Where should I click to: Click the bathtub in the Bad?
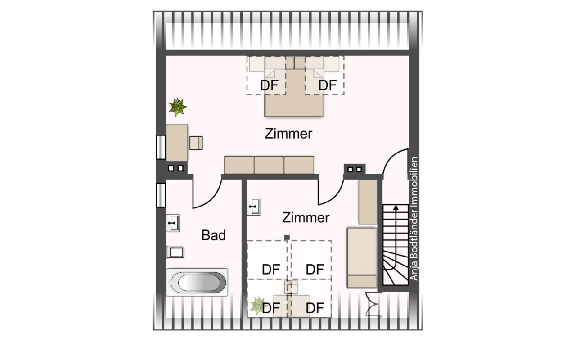click(197, 282)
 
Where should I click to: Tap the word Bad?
click(213, 235)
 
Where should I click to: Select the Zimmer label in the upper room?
click(288, 134)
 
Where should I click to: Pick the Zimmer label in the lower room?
click(306, 217)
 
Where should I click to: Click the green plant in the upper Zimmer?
click(178, 107)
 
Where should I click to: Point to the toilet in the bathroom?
click(175, 252)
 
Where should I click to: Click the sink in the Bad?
click(172, 223)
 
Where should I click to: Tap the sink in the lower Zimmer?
click(253, 207)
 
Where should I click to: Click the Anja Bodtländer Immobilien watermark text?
click(414, 219)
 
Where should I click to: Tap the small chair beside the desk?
click(196, 143)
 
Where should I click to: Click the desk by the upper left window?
click(177, 143)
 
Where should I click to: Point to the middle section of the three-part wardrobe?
click(269, 165)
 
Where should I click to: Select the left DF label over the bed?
click(269, 85)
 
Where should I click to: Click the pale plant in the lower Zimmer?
click(257, 306)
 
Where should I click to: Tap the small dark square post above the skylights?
click(287, 238)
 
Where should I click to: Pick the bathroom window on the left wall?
click(161, 195)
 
